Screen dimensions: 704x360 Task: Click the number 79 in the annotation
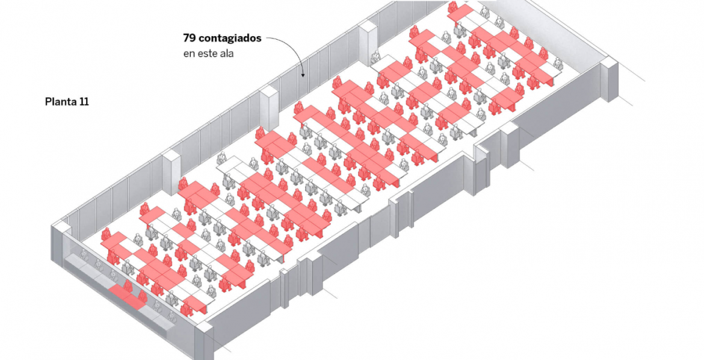pos(190,38)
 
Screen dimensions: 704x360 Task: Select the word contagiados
pos(230,39)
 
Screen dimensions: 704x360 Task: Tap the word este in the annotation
pos(208,54)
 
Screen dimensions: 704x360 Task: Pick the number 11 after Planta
pos(84,102)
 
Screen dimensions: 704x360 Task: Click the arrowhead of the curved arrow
pos(303,74)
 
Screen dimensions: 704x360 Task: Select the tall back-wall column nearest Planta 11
pos(171,172)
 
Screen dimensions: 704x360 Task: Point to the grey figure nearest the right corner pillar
pos(558,63)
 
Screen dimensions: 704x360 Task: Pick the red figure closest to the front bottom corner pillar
pos(187,309)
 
